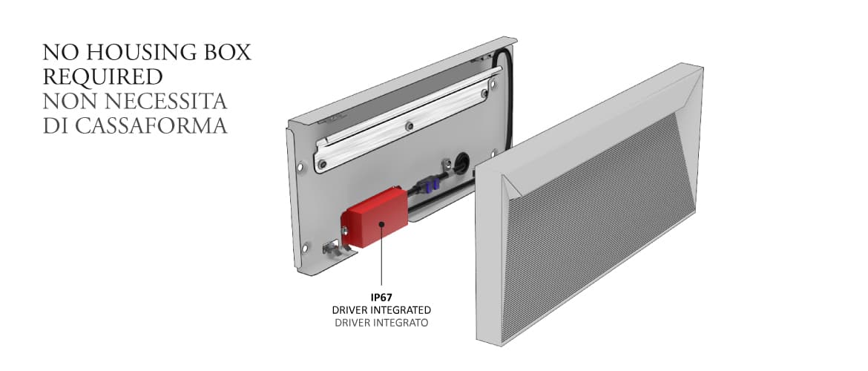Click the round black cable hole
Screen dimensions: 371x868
pyautogui.click(x=460, y=161)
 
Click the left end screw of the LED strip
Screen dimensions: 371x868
pyautogui.click(x=321, y=160)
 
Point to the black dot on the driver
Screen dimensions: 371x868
pyautogui.click(x=381, y=222)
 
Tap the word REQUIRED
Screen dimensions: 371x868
pyautogui.click(x=102, y=77)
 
